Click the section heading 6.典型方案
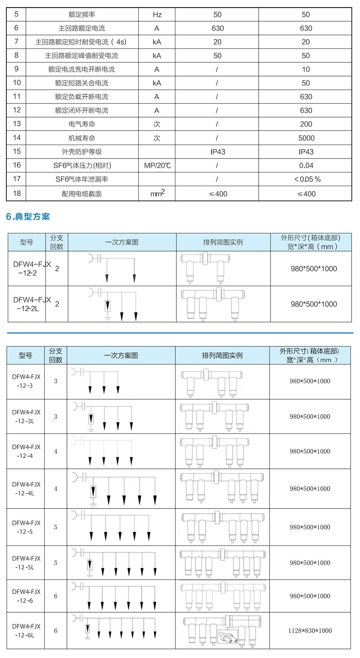tap(28, 216)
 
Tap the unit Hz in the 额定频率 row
tap(157, 14)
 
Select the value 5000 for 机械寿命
tap(306, 138)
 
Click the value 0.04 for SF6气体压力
tap(306, 165)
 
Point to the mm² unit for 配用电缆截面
tap(157, 193)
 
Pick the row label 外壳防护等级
tap(82, 152)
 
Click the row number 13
tap(16, 124)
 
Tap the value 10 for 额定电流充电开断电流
tap(306, 69)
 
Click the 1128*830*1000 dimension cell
tap(310, 630)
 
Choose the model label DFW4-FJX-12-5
tap(26, 527)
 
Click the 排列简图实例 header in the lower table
tap(222, 355)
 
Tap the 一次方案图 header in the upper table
tap(122, 242)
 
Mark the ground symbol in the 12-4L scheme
tap(93, 505)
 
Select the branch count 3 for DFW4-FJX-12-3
tap(56, 381)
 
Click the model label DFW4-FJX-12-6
tap(26, 596)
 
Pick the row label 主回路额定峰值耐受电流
tap(82, 56)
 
